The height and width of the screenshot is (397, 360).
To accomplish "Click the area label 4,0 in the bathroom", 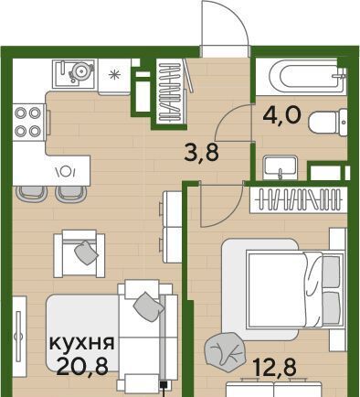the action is click(x=282, y=115).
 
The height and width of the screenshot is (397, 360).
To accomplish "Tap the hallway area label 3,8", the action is click(x=202, y=153).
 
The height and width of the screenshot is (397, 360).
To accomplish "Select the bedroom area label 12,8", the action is click(x=275, y=367).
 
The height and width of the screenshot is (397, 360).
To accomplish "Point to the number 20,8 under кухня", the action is click(x=82, y=366).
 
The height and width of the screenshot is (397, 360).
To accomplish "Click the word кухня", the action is click(x=82, y=343).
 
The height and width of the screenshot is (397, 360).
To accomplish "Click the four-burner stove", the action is click(x=28, y=122).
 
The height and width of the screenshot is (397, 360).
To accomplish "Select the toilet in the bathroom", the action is click(x=328, y=122).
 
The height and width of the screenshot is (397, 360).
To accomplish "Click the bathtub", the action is click(x=301, y=77).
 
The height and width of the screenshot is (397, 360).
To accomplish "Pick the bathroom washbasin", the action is click(x=281, y=167).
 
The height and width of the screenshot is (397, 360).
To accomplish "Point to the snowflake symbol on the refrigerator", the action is click(x=114, y=74).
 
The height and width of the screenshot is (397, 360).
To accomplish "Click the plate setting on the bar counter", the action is click(x=65, y=171).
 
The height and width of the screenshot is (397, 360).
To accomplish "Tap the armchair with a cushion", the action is click(x=79, y=253).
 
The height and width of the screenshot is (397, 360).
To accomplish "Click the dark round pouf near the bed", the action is click(x=225, y=350).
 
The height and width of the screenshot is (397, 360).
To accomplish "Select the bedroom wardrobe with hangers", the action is click(x=299, y=199).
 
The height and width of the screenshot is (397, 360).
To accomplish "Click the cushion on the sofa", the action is click(x=148, y=306).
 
